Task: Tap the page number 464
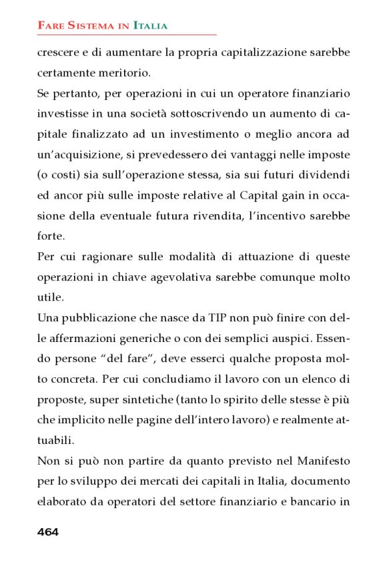pos(48,531)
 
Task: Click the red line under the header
pos(127,35)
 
